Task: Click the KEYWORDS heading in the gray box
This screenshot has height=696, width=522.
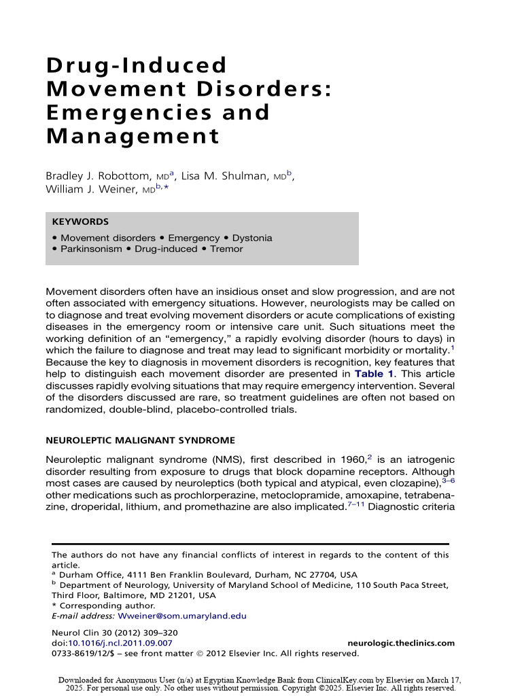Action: [x=80, y=222]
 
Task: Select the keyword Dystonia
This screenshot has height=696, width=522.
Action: [x=252, y=238]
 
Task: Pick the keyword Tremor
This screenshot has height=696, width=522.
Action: [x=226, y=249]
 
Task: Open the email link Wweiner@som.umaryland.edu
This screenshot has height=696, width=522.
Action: [x=182, y=616]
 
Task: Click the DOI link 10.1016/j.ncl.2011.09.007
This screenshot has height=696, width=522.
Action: [x=120, y=643]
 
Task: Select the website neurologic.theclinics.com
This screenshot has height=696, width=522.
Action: [x=400, y=643]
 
